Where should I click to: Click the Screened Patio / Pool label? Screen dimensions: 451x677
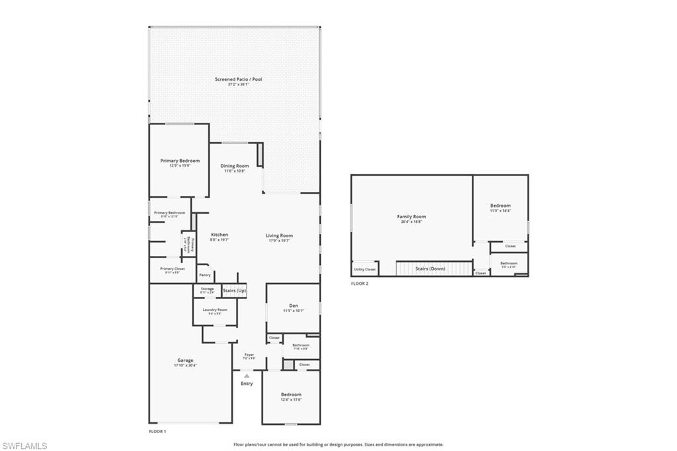click(238, 79)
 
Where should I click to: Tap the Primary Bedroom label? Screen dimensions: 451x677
click(180, 161)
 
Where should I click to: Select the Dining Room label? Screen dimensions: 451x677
click(235, 166)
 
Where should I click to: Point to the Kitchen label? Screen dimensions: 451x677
click(219, 235)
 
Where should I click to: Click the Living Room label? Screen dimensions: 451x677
click(279, 235)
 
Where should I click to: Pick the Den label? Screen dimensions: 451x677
click(293, 306)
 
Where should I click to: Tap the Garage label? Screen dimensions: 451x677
click(185, 360)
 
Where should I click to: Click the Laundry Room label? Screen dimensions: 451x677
click(215, 309)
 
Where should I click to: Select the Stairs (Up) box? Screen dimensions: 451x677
click(234, 291)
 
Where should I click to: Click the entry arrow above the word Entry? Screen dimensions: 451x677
click(247, 376)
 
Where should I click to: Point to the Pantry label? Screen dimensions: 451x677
click(205, 274)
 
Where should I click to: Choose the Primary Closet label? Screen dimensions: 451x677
click(172, 268)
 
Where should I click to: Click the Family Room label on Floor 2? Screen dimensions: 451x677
click(411, 217)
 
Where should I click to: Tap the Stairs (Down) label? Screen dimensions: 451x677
click(430, 269)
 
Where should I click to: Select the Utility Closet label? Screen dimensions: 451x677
click(364, 269)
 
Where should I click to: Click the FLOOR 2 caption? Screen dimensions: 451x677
click(360, 284)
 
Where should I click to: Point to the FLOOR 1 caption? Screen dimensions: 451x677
click(157, 431)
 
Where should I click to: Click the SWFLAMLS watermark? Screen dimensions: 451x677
click(24, 446)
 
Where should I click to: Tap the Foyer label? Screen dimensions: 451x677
click(249, 354)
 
